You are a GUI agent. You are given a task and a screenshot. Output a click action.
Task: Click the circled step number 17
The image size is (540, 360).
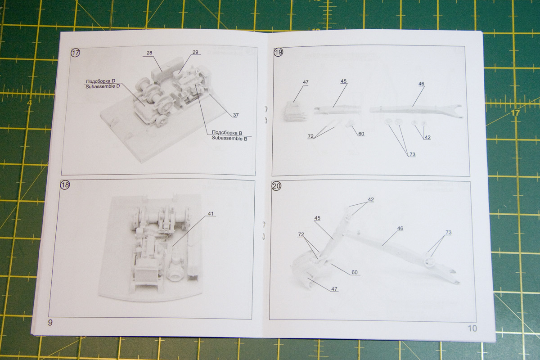click(x=76, y=53)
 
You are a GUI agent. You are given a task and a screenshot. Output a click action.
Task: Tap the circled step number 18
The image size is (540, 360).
click(x=65, y=185)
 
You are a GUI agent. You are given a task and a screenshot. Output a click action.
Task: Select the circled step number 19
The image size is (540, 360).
click(x=279, y=53)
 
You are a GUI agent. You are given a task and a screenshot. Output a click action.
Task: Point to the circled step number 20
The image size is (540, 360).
click(x=276, y=186)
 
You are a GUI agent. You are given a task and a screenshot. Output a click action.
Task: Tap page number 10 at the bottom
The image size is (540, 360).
click(x=472, y=328)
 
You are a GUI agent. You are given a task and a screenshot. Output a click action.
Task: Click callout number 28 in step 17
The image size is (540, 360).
click(x=149, y=53)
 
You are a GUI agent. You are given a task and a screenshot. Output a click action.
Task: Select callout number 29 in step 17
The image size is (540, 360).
click(x=195, y=53)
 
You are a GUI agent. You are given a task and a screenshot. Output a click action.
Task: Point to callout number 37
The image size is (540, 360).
click(x=235, y=115)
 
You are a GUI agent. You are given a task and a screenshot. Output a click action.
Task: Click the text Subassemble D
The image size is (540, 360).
click(x=102, y=86)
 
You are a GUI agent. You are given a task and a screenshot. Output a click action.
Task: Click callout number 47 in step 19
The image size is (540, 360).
click(x=306, y=82)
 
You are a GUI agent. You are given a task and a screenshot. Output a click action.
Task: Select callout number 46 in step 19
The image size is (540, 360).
click(x=421, y=84)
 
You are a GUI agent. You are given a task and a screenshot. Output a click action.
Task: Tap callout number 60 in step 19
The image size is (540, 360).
click(x=361, y=134)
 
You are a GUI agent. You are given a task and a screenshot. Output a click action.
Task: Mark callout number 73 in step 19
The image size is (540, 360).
click(x=412, y=155)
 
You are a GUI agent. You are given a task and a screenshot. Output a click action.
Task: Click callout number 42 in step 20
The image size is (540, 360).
click(x=370, y=199)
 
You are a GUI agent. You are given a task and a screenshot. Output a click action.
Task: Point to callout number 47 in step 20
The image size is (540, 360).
click(x=333, y=288)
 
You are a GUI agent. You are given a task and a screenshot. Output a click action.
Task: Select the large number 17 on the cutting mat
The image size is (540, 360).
click(x=515, y=112)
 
